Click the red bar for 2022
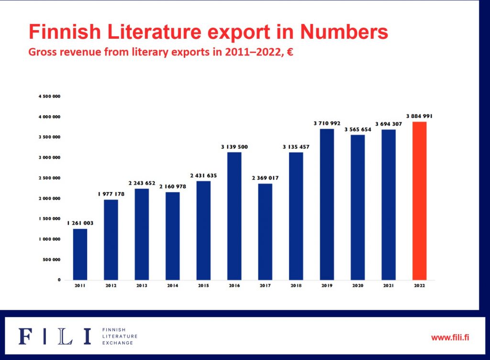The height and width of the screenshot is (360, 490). (419, 201)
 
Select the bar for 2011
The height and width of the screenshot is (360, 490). (80, 254)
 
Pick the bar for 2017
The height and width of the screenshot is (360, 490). (265, 232)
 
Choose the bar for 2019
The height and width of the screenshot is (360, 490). (327, 205)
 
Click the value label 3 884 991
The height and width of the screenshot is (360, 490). (419, 116)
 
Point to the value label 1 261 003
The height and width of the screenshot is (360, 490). (80, 223)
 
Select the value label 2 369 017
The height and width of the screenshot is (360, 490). (265, 178)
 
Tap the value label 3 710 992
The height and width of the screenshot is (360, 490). (327, 123)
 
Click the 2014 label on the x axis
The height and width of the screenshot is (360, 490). (172, 285)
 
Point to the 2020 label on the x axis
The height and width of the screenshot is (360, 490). (357, 285)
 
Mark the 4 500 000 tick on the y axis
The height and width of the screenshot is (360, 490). (50, 97)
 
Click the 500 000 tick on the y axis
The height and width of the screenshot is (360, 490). (52, 260)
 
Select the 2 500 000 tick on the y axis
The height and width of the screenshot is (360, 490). (50, 178)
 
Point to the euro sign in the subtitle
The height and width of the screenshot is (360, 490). (290, 52)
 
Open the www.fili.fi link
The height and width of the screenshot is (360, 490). (450, 337)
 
